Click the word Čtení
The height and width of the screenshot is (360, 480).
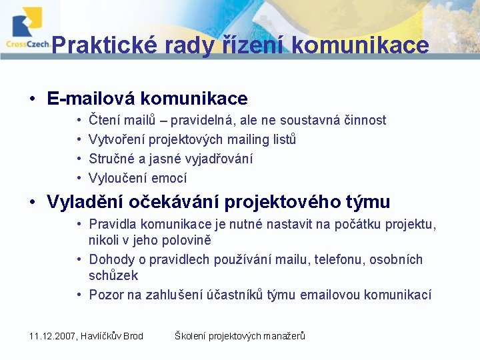point(104,121)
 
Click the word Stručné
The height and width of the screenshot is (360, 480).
point(111,159)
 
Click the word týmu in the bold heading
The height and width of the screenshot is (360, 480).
point(367,202)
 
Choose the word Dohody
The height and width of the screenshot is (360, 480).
point(111,259)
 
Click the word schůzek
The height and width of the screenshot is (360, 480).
point(113,275)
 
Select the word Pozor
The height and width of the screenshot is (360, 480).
point(105,295)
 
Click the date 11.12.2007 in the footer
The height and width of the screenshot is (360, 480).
point(53,336)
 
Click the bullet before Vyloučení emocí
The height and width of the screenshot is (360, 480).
point(79,179)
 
